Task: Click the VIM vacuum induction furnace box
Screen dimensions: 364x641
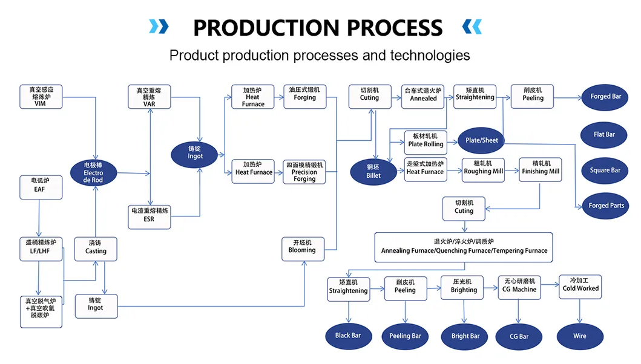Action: [x=41, y=97]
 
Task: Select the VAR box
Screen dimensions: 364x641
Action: [x=149, y=97]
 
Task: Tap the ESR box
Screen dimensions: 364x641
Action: [x=149, y=215]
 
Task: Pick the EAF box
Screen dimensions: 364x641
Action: [x=40, y=186]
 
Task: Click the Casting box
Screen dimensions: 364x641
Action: [x=96, y=248]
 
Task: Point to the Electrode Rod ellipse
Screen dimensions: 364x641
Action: [x=94, y=172]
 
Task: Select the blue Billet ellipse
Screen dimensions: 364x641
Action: [x=373, y=171]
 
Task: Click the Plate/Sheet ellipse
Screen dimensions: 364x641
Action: [x=481, y=140]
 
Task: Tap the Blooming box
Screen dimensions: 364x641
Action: [x=302, y=247]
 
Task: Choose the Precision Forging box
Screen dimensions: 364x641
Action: [x=304, y=172]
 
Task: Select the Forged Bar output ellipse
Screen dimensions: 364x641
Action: [x=605, y=97]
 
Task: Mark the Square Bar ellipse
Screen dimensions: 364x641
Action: [x=605, y=171]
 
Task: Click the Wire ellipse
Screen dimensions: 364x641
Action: [x=580, y=336]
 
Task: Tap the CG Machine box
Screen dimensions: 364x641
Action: [x=519, y=286]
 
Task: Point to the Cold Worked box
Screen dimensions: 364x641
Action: [x=580, y=285]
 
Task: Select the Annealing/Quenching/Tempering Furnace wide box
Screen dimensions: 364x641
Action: [x=464, y=247]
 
